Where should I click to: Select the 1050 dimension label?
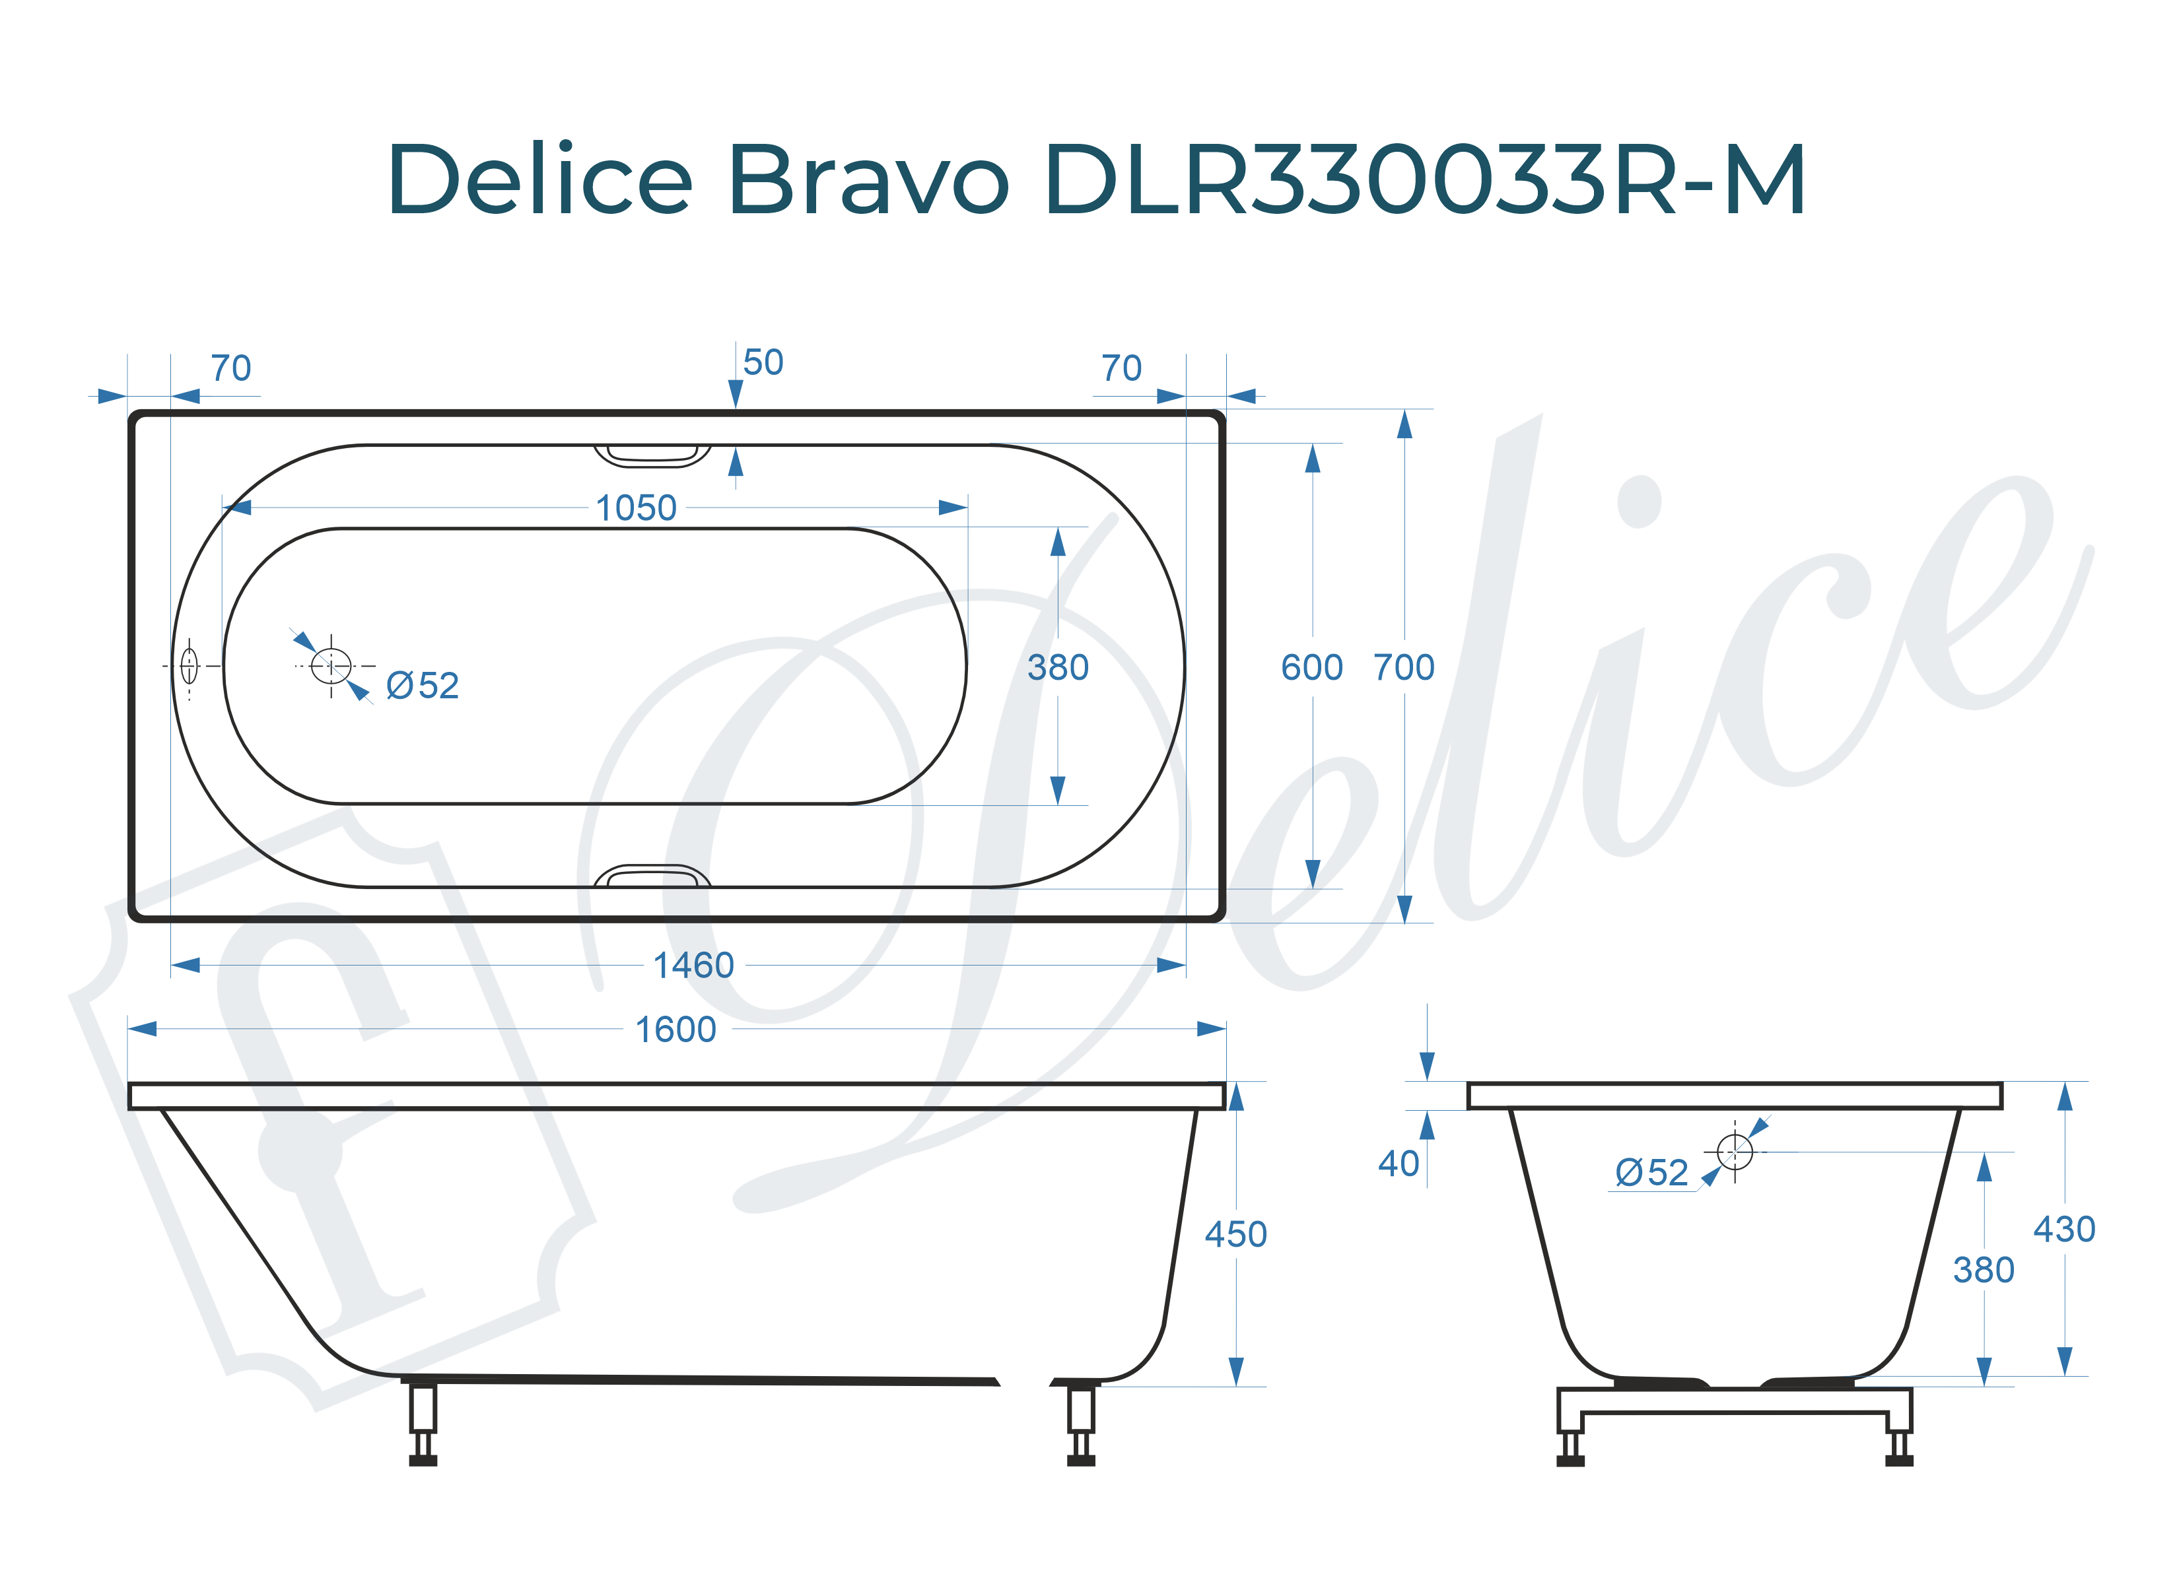pos(636,508)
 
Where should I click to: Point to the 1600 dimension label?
pos(675,1030)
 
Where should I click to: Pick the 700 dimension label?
pos(1404,668)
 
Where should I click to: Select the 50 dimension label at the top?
pos(763,363)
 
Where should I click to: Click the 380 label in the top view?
pos(1058,668)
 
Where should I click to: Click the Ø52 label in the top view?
pos(422,686)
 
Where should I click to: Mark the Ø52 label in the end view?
pos(1651,1173)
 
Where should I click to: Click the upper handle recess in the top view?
pos(652,454)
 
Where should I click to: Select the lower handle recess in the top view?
pos(652,876)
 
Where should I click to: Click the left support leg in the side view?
pos(423,1421)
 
